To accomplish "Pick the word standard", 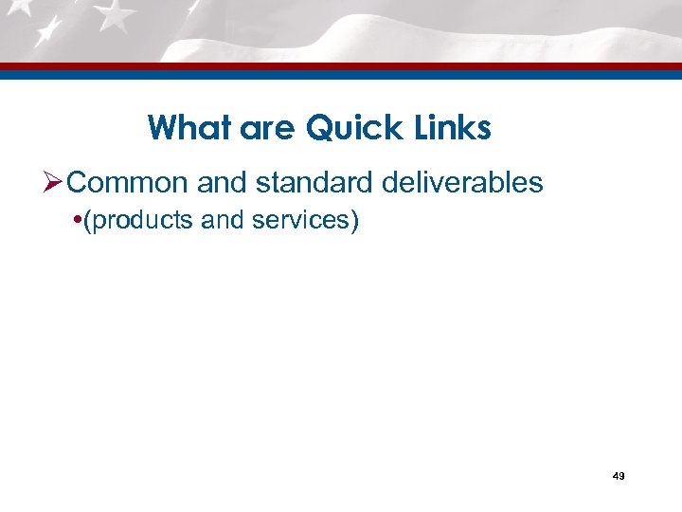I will coord(311,182).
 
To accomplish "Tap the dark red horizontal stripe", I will coord(341,66).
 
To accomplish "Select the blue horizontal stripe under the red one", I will coord(341,74).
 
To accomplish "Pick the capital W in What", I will coord(161,127).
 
